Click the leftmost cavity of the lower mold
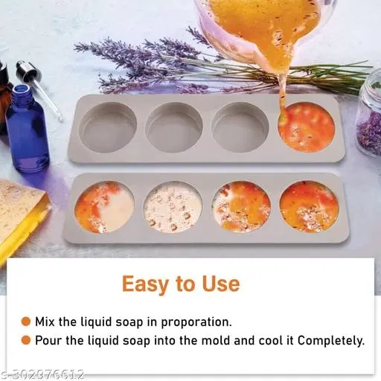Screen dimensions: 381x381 point(105,207)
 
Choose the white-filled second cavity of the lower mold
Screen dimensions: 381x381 point(173,207)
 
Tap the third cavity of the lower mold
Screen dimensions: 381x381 point(241,207)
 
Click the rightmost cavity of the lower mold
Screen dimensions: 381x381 point(309,207)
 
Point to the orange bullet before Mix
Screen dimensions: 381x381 point(26,321)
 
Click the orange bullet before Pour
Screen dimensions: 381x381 point(26,341)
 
